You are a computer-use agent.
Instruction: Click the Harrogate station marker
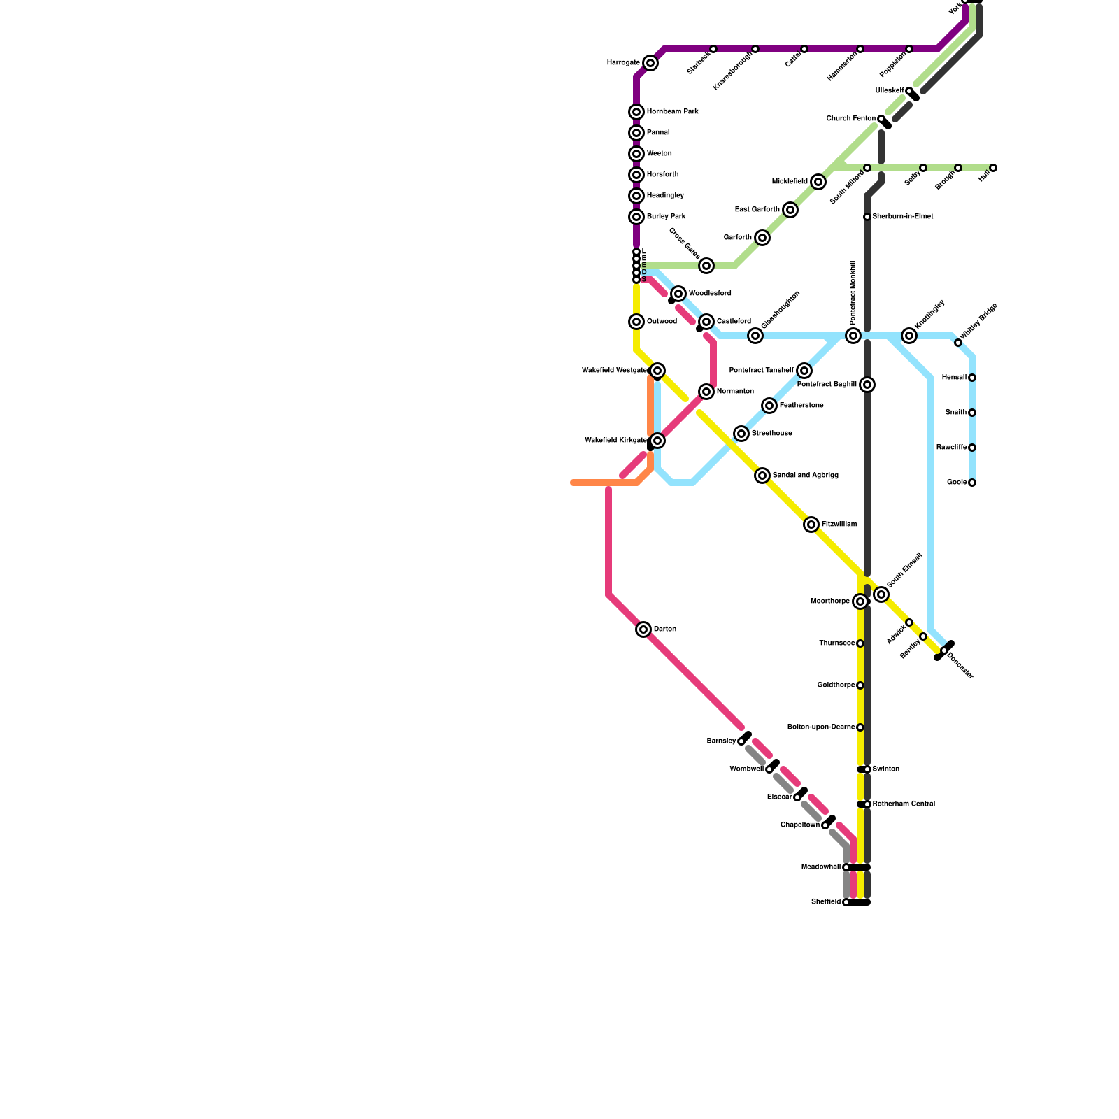(x=650, y=63)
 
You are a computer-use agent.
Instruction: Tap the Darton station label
(x=665, y=629)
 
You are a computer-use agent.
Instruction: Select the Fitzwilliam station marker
(x=811, y=525)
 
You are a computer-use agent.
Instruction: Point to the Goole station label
(x=957, y=483)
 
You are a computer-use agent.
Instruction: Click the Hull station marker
(x=993, y=168)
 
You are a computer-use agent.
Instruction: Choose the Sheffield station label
(x=826, y=902)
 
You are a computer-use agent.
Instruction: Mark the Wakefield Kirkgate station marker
(x=657, y=441)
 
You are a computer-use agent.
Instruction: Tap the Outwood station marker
(x=636, y=322)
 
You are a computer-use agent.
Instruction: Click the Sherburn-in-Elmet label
(x=903, y=217)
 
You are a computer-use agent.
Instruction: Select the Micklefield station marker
(x=818, y=182)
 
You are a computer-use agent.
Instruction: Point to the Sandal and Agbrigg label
(x=805, y=476)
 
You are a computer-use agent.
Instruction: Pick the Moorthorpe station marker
(x=860, y=601)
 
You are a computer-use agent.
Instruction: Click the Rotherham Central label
(x=904, y=804)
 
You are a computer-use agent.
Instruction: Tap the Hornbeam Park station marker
(x=636, y=112)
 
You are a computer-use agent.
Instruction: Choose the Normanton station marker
(x=706, y=392)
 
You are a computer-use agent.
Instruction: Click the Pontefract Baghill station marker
(x=867, y=385)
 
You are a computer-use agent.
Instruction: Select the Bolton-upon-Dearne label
(x=821, y=727)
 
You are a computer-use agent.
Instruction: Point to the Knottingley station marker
(x=909, y=336)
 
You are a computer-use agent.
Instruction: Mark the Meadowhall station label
(x=820, y=867)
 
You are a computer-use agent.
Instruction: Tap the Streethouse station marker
(x=741, y=434)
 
